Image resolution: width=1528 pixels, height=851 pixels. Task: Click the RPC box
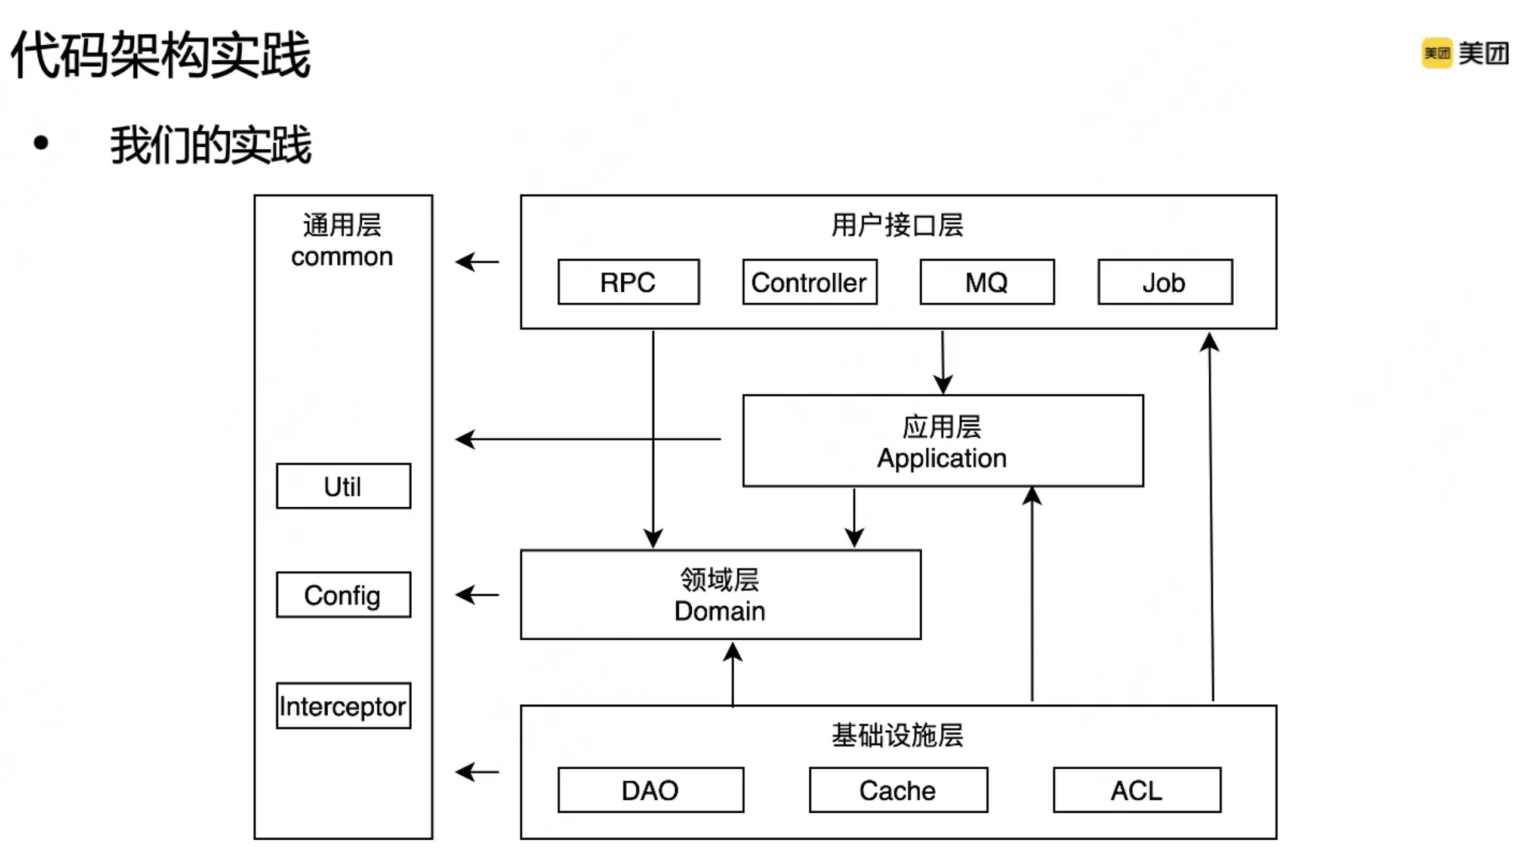coord(628,282)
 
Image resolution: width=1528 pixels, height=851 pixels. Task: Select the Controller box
coord(809,282)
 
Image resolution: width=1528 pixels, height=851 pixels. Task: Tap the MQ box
coord(987,282)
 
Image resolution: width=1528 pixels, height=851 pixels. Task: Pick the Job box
coord(1165,282)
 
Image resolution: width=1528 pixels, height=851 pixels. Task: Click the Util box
coord(343,486)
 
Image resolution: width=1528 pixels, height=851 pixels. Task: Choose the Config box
coord(343,595)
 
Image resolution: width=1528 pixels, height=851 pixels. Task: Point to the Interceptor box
coord(343,706)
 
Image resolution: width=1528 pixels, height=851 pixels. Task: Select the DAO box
coord(651,790)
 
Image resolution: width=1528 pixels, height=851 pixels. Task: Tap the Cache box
coord(898,790)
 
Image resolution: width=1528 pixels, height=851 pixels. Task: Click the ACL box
coord(1136,790)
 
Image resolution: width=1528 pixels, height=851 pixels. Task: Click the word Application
coord(942,458)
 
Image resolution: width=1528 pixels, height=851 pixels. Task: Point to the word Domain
coord(720,611)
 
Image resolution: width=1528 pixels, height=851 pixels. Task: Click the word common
coord(342,257)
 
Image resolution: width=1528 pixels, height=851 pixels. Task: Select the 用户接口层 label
coord(897,226)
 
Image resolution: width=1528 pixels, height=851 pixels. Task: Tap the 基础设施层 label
coord(897,735)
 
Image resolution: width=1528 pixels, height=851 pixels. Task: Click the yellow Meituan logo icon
coord(1437,54)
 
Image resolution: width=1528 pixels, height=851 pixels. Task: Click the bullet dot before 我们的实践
coord(41,143)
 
